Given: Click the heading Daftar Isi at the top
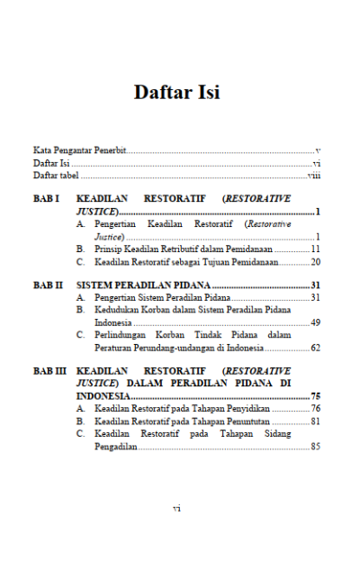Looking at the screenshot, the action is pyautogui.click(x=177, y=93).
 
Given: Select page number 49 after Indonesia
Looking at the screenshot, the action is pyautogui.click(x=315, y=322).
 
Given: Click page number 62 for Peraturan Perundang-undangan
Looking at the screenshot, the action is pyautogui.click(x=315, y=347).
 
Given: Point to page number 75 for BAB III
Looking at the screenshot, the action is pyautogui.click(x=315, y=395).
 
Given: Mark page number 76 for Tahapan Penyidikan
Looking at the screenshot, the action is pyautogui.click(x=315, y=408).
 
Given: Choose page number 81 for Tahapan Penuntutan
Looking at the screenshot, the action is pyautogui.click(x=315, y=421).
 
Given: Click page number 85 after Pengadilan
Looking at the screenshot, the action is pyautogui.click(x=315, y=446).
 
